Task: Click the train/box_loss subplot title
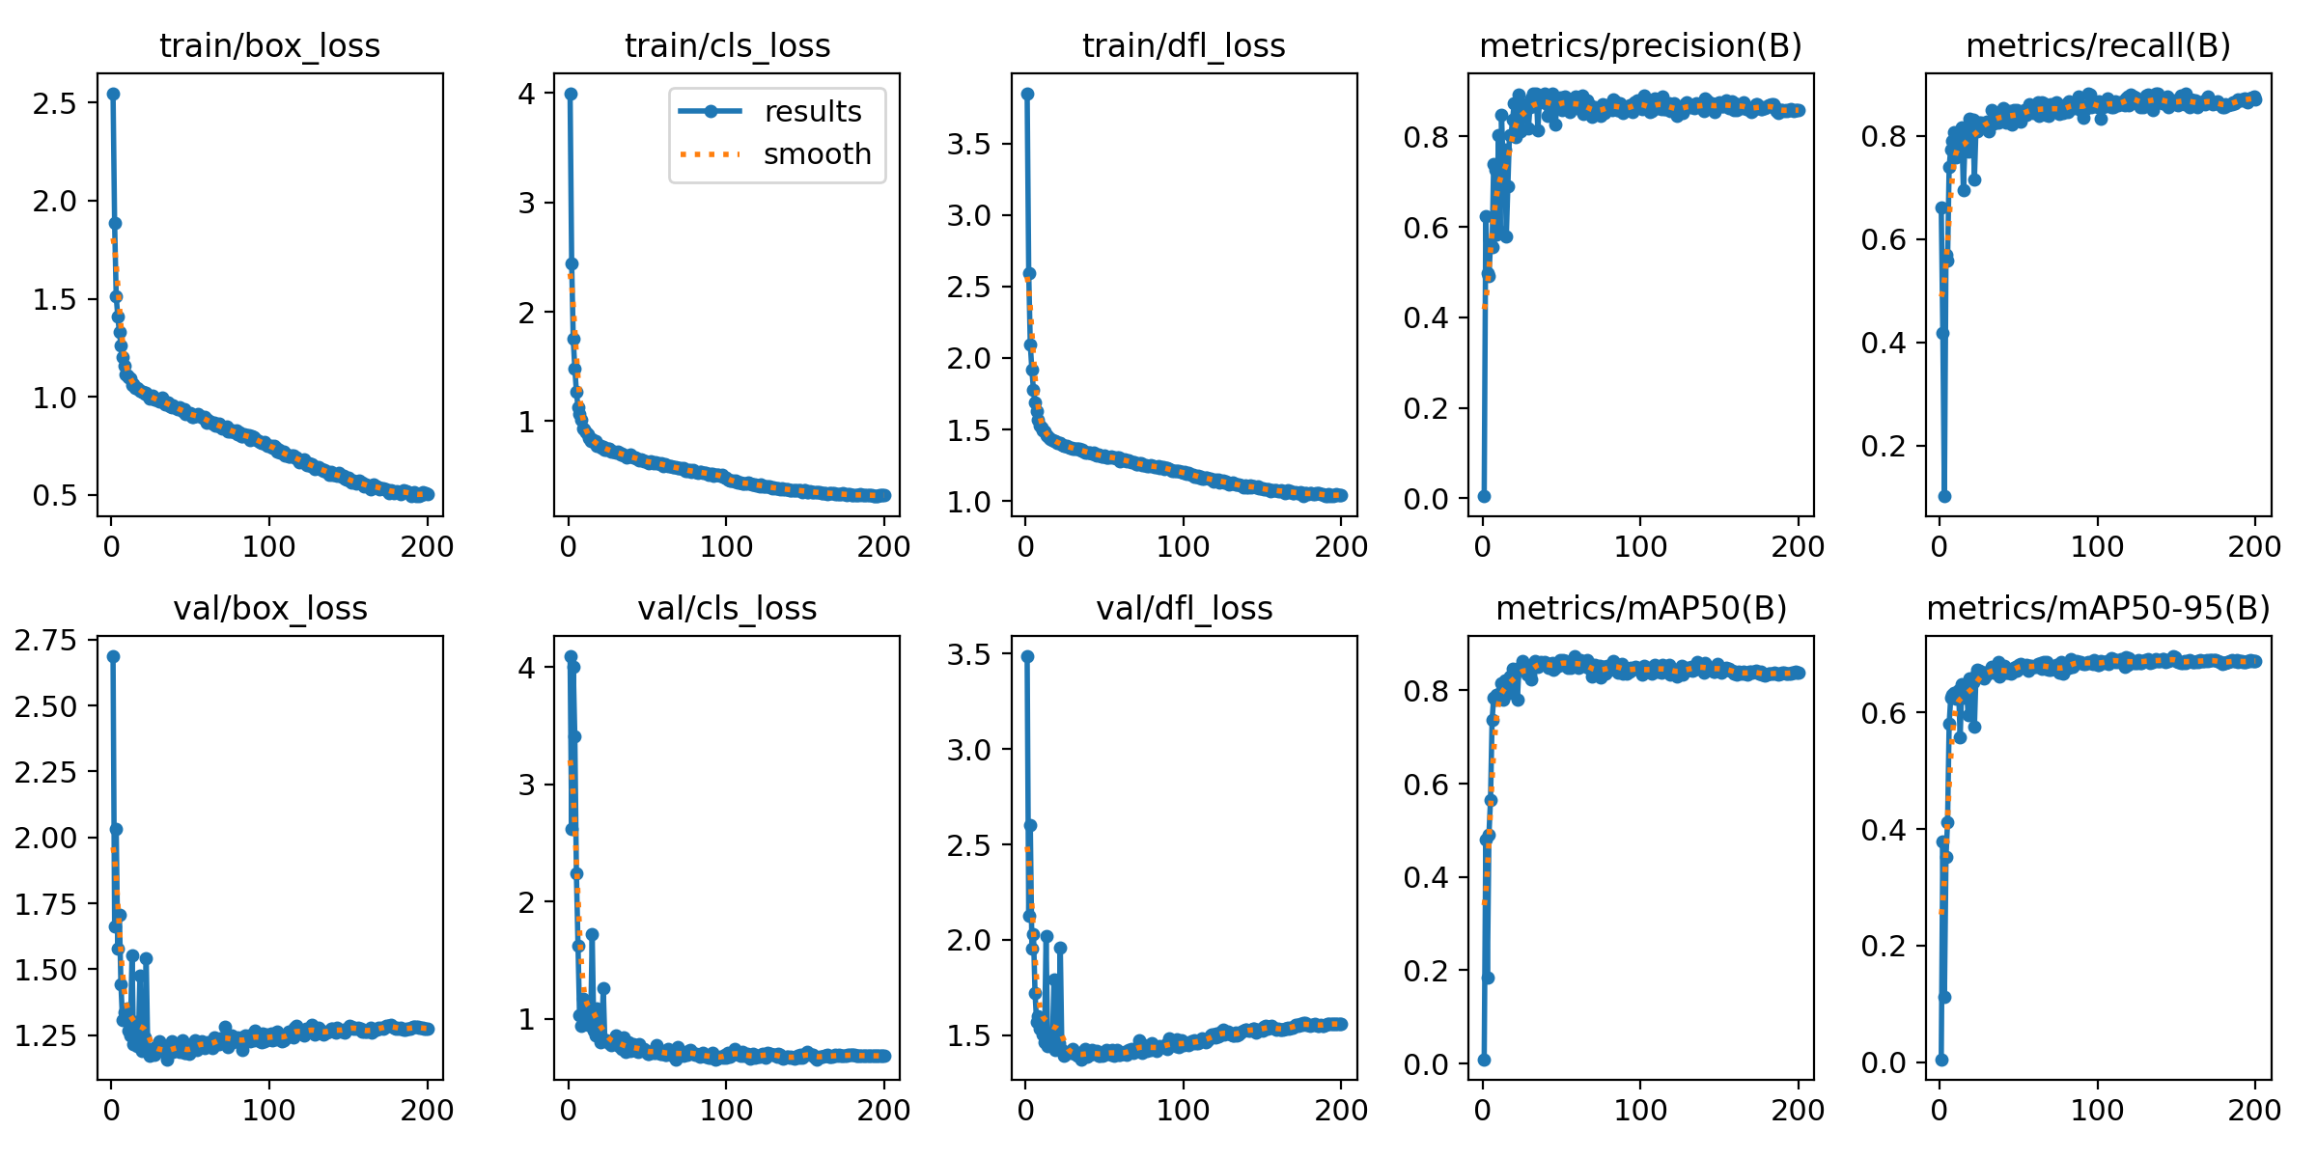(x=269, y=46)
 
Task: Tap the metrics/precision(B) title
(x=1640, y=46)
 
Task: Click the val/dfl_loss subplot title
(x=1184, y=609)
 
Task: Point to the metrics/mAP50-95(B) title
(x=2098, y=609)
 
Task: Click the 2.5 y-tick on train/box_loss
(x=54, y=103)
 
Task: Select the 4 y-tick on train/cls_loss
(x=525, y=94)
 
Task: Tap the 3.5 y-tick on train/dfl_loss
(x=968, y=144)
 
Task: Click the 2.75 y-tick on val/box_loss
(x=45, y=641)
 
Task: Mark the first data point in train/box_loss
(x=113, y=94)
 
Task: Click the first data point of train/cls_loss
(x=571, y=94)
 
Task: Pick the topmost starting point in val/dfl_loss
(x=1027, y=656)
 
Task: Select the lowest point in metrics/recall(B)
(x=1944, y=496)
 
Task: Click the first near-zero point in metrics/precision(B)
(x=1484, y=496)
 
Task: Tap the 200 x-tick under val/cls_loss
(x=884, y=1111)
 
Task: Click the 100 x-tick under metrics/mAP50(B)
(x=1640, y=1111)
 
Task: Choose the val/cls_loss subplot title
(x=727, y=609)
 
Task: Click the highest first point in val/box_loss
(x=113, y=656)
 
